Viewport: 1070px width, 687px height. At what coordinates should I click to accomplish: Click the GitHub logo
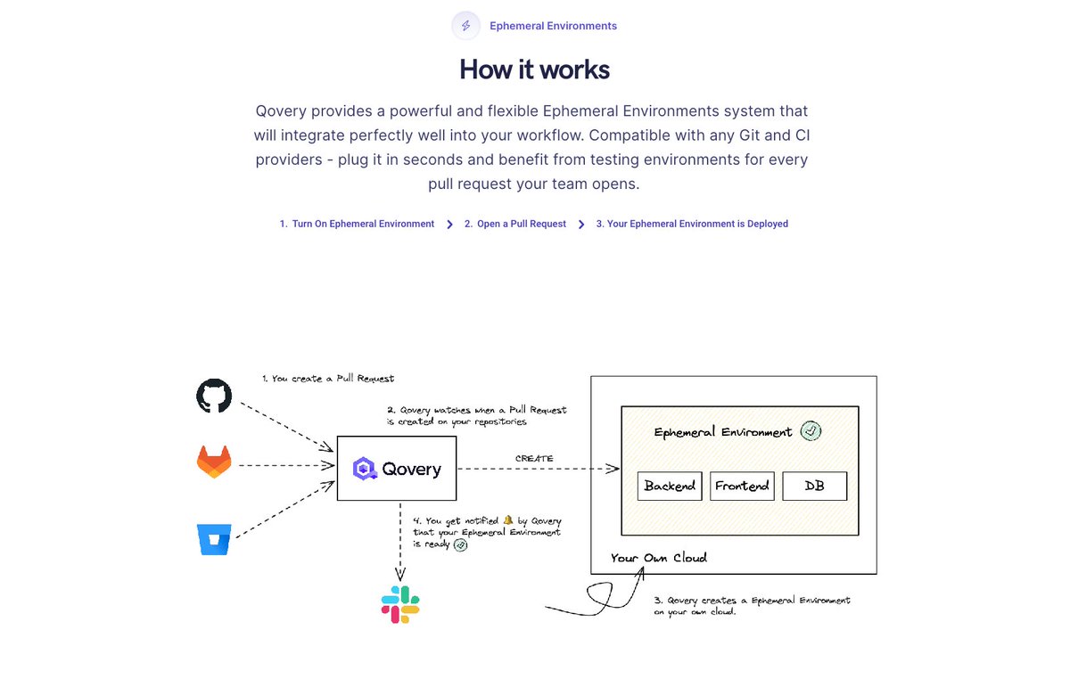[214, 396]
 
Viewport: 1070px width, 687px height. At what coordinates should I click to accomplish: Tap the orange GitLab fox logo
[214, 462]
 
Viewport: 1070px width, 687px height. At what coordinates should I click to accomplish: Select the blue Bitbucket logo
[214, 539]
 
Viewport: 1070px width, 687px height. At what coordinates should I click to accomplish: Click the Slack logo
[400, 604]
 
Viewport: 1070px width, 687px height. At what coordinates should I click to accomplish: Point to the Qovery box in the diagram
[397, 469]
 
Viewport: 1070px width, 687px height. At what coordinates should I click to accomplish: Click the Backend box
[670, 486]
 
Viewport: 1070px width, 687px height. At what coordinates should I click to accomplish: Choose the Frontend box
[742, 486]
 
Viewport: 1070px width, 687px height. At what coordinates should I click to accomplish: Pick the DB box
[814, 486]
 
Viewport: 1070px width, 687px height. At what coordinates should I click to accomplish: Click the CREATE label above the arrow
[534, 458]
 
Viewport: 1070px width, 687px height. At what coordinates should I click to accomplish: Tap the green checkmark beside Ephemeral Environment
[811, 431]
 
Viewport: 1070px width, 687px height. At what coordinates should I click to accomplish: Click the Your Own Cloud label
[659, 558]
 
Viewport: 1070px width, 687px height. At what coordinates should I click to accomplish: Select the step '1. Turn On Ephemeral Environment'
[357, 224]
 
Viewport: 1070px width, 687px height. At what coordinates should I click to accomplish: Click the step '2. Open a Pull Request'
[515, 224]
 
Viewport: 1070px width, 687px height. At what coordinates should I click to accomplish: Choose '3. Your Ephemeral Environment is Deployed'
[692, 224]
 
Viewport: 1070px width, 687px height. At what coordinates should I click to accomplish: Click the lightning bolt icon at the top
[465, 26]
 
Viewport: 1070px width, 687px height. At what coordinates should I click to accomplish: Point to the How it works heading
[534, 70]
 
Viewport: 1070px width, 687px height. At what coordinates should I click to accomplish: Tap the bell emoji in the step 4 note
[507, 519]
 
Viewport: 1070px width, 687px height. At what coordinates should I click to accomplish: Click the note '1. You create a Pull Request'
[328, 379]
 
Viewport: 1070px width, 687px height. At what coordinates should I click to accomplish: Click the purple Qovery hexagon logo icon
[365, 469]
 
